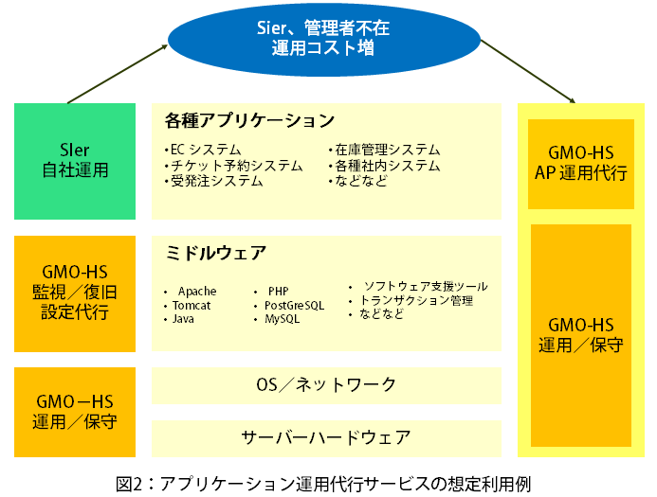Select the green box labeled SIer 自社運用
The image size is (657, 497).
click(75, 160)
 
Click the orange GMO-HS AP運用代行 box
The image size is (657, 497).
click(580, 163)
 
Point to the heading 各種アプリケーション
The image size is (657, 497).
click(249, 121)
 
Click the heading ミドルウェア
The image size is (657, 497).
click(216, 254)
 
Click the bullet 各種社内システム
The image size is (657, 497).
click(383, 165)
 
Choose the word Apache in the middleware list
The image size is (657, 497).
click(197, 291)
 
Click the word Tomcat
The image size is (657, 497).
click(192, 305)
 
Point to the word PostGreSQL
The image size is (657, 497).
click(294, 305)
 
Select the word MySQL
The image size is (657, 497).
click(282, 319)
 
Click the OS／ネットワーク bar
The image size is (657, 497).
click(326, 384)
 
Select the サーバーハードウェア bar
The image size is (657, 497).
click(326, 437)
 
